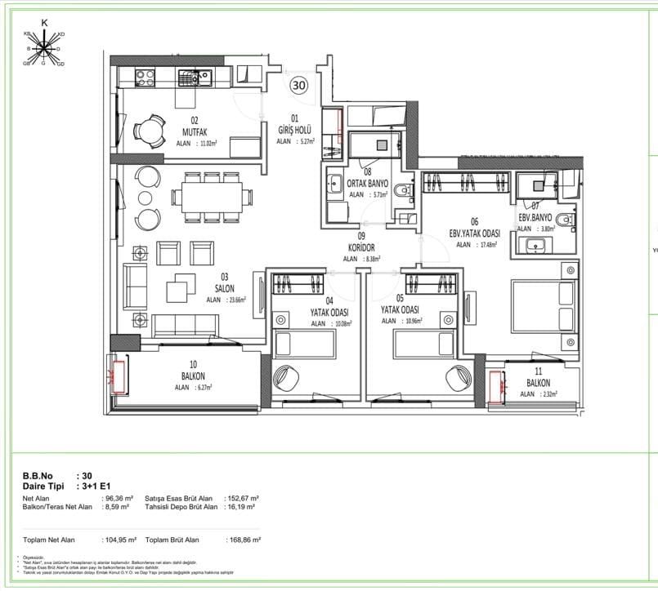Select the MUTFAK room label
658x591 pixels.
pyautogui.click(x=190, y=131)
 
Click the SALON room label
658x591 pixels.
pyautogui.click(x=225, y=288)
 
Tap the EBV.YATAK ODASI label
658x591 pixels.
pyautogui.click(x=474, y=233)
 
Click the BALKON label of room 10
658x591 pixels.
pyautogui.click(x=193, y=376)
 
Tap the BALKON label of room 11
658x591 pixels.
pyautogui.click(x=538, y=383)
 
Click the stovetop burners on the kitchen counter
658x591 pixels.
pyautogui.click(x=145, y=78)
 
